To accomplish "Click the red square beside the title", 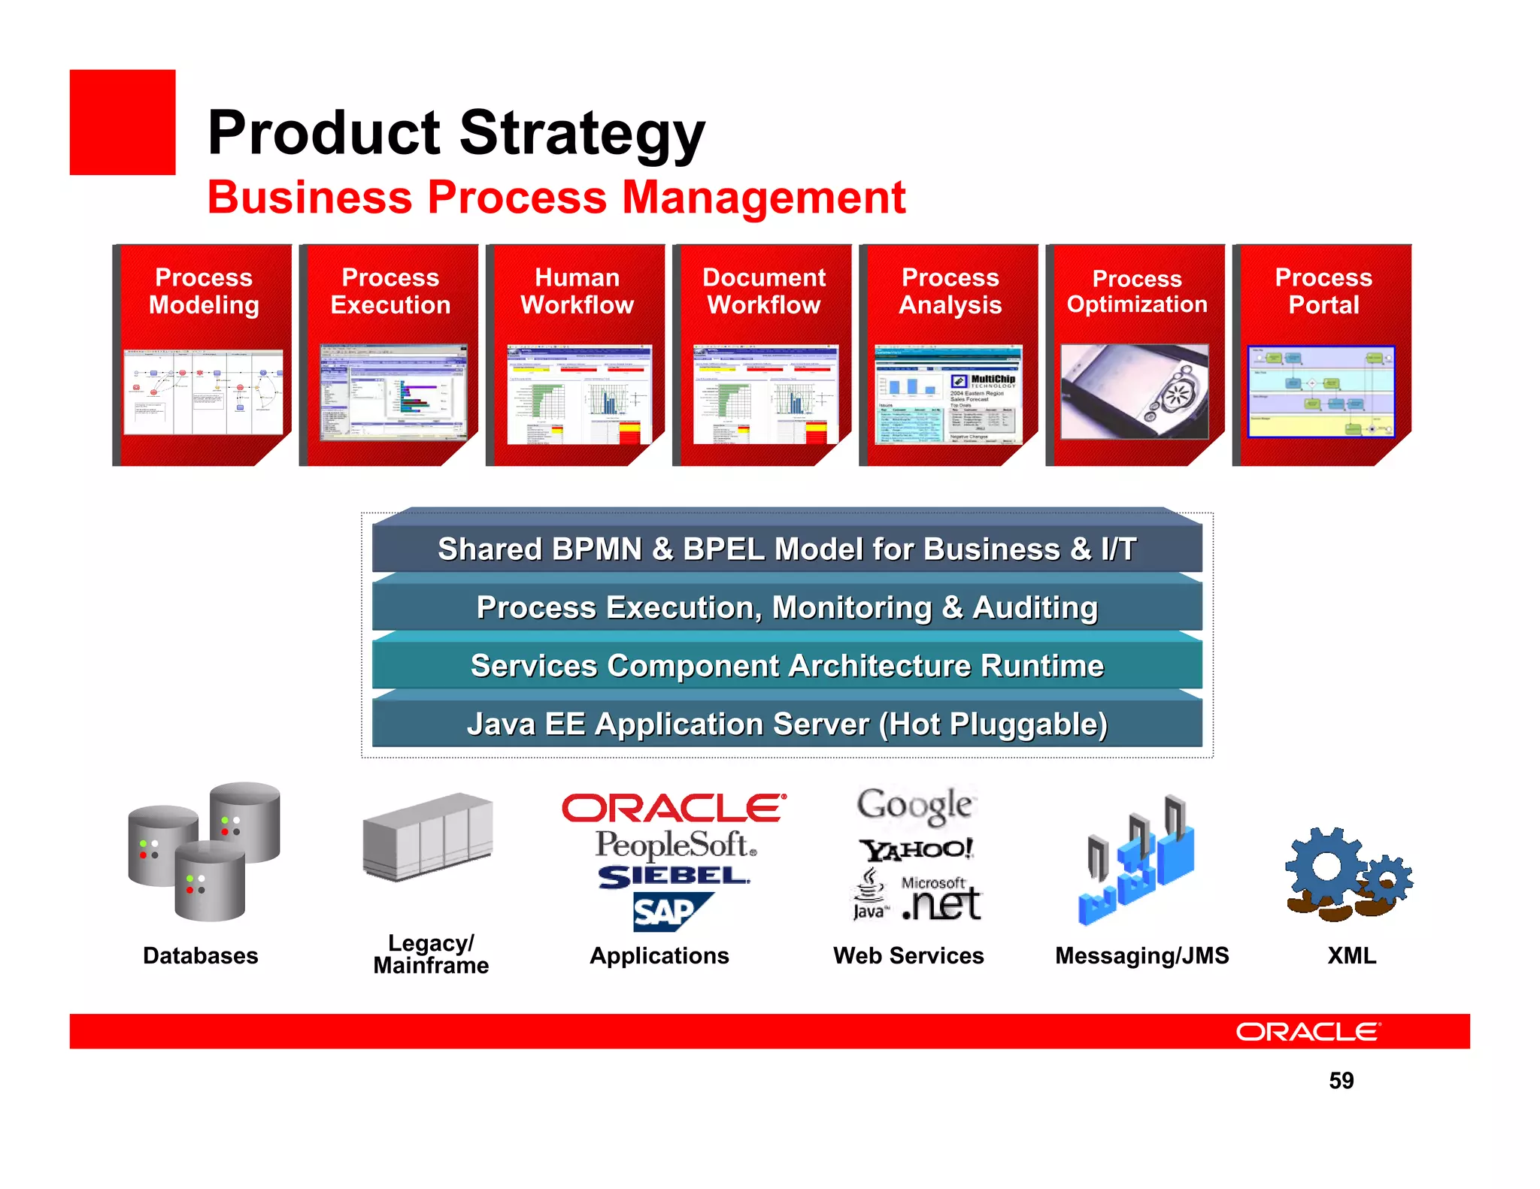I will pos(123,123).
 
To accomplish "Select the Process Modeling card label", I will pos(204,291).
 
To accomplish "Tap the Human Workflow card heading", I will pos(577,291).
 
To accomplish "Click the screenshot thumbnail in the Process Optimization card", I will pos(1134,392).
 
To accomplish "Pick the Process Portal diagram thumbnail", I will pos(1321,392).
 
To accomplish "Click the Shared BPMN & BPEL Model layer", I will pos(787,549).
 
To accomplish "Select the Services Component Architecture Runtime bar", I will pos(787,666).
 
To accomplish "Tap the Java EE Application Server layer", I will pos(787,724).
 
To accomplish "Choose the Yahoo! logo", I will pos(916,849).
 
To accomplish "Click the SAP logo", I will pos(671,912).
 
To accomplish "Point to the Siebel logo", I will pos(673,876).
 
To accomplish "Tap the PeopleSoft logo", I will pos(675,845).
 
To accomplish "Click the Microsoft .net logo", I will pos(941,900).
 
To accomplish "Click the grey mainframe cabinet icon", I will pos(428,836).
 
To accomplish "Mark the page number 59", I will pos(1341,1081).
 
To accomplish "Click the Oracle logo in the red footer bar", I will pos(1308,1032).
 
